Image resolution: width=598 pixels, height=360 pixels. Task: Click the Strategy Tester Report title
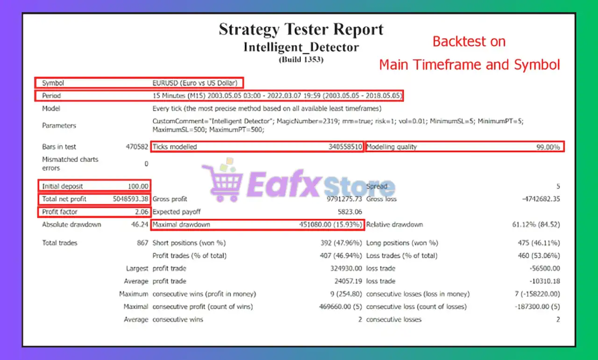click(x=301, y=29)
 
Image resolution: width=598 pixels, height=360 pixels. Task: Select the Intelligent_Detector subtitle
click(x=301, y=47)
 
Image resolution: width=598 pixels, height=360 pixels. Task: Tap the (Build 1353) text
click(x=301, y=59)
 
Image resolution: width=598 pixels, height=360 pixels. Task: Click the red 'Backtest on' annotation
click(x=469, y=42)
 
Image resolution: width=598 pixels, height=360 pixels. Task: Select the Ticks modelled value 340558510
click(x=345, y=147)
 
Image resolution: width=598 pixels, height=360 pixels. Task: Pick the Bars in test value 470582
click(x=137, y=147)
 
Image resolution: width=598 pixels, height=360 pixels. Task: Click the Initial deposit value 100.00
click(x=138, y=186)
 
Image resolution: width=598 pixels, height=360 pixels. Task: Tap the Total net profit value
click(x=131, y=199)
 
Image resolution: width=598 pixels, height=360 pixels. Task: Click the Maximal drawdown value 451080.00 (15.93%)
click(x=331, y=225)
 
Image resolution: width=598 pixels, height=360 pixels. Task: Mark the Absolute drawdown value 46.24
click(x=141, y=224)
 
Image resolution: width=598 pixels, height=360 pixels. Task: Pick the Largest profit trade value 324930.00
click(x=346, y=268)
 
